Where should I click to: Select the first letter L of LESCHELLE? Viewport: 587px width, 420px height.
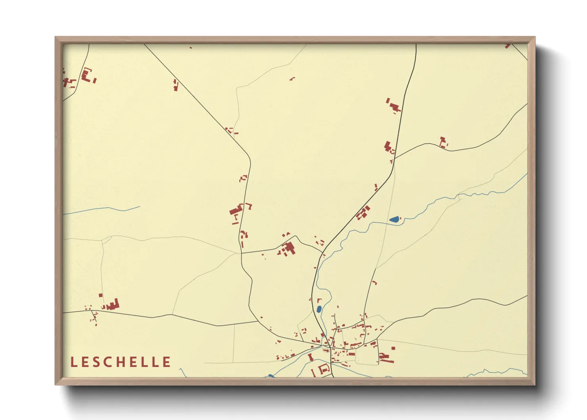pos(73,362)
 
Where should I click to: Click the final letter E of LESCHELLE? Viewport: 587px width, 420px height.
pos(167,362)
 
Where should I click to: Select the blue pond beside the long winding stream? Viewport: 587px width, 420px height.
pos(394,219)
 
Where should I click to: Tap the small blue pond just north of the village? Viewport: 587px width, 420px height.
pos(319,309)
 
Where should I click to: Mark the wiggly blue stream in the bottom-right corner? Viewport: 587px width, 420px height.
pos(496,372)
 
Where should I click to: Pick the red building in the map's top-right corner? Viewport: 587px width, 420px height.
pos(507,46)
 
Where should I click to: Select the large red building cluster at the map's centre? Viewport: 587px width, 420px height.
pos(288,249)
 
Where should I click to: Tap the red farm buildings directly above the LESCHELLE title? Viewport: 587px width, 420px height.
pos(112,305)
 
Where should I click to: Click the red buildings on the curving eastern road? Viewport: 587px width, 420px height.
pos(443,142)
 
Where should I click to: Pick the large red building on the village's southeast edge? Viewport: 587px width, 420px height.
pos(385,358)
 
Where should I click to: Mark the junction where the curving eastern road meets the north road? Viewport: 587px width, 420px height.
pos(395,158)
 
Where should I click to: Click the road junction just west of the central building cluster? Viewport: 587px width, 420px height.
pos(242,253)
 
